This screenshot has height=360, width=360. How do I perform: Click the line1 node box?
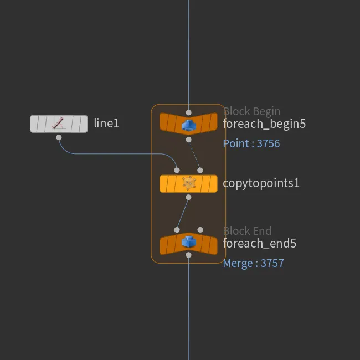coord(59,124)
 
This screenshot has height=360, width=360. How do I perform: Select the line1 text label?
coord(106,124)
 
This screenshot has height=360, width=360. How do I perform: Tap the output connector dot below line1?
coord(59,137)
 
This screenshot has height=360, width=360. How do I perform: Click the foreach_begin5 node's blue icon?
coord(188,125)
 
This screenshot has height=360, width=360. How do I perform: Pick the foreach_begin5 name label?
coord(264,124)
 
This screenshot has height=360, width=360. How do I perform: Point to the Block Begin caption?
coord(251,111)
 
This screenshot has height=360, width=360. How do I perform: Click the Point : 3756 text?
coord(251,143)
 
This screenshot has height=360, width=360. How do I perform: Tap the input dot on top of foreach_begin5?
coord(188,112)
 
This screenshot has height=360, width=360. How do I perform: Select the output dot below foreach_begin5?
coord(188,140)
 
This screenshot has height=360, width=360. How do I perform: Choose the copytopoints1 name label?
coord(261,183)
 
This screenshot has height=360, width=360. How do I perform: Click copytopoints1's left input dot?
coord(177,170)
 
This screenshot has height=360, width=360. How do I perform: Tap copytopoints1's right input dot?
coord(200,170)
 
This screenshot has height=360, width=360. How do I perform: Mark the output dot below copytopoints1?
coord(188,197)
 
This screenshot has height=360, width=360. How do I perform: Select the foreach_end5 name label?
coord(260,243)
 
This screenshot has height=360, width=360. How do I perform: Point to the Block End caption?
coord(247,231)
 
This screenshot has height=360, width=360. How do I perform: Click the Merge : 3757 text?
coord(254,263)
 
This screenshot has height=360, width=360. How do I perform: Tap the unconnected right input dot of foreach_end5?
coord(200,230)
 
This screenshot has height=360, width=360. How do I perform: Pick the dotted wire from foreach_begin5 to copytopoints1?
coord(194,155)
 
